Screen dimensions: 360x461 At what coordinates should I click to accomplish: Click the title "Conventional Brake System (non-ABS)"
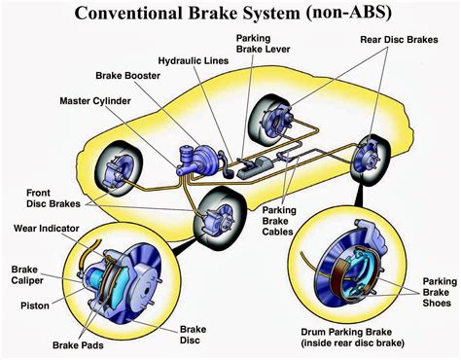(x=230, y=15)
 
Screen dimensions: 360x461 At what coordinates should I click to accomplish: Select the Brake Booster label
(x=129, y=75)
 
